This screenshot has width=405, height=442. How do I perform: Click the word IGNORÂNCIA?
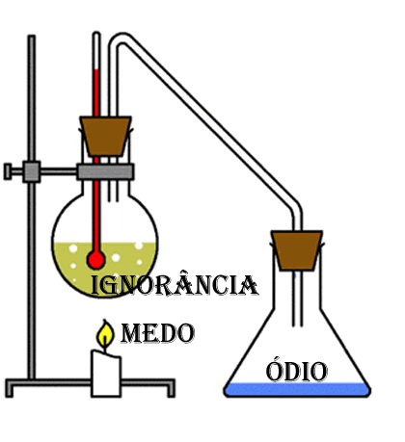click(175, 284)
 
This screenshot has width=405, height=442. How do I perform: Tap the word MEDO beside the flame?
click(157, 333)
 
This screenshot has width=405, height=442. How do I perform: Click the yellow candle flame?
click(105, 334)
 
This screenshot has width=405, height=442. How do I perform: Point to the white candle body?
click(106, 374)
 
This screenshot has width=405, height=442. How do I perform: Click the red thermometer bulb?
click(95, 259)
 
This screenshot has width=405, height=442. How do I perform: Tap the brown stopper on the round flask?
click(105, 136)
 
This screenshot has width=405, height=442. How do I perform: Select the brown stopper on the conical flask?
click(296, 250)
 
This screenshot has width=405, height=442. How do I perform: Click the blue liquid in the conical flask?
click(297, 389)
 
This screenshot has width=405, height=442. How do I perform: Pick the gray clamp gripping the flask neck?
click(105, 171)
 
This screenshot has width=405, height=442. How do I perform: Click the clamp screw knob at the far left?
click(8, 171)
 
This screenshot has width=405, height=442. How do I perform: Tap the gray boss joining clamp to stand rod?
click(32, 171)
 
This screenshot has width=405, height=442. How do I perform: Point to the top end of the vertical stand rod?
click(32, 36)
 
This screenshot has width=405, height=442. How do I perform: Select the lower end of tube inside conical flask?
click(297, 325)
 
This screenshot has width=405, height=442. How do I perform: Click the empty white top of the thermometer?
click(96, 51)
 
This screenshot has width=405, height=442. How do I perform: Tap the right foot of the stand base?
click(171, 391)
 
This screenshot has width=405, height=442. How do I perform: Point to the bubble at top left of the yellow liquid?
click(73, 248)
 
